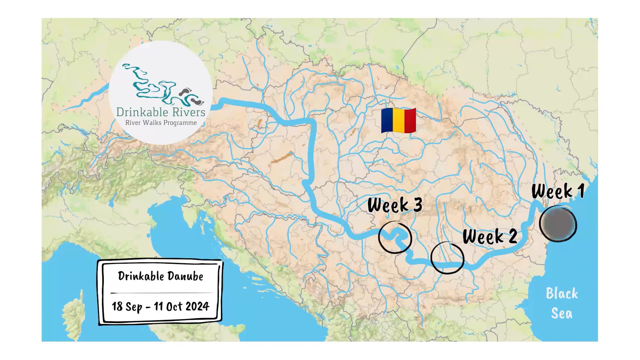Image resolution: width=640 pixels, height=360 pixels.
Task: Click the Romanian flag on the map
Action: pos(399,120)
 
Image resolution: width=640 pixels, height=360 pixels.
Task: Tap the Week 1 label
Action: pos(558,191)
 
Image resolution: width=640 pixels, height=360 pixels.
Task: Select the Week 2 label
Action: pos(490,236)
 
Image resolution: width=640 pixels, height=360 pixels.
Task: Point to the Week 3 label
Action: pos(395,205)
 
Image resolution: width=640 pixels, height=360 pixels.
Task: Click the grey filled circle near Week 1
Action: pos(558,224)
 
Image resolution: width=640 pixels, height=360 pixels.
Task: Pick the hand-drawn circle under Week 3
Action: pos(395,237)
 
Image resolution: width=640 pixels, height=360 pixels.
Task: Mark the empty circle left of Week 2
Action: pos(447,258)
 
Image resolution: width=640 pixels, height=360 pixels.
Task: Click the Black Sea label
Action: pos(562,303)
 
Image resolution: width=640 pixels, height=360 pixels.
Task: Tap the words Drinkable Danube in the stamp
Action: pos(160,276)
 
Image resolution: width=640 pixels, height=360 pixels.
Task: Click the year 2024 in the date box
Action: pos(196,306)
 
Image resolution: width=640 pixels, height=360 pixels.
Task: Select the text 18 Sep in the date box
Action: pos(127,306)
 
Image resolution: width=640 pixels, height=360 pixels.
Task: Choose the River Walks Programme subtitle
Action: pos(161,123)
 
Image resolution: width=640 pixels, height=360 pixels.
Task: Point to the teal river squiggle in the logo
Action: pos(150,85)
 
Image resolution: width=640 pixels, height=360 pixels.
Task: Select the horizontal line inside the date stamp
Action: pos(161,293)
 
